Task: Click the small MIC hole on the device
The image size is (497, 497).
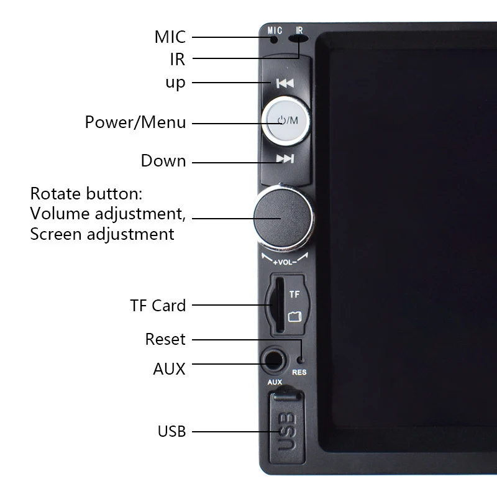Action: pos(274,40)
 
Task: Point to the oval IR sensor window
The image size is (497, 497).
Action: pos(299,39)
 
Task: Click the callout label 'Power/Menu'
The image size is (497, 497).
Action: pos(135,122)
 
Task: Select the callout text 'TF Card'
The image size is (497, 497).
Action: pos(158,306)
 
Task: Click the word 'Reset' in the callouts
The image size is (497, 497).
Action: pos(165,339)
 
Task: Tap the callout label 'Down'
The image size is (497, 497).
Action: pos(163,161)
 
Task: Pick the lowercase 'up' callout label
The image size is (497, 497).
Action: pos(175,83)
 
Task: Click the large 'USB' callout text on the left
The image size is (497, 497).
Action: pos(171,431)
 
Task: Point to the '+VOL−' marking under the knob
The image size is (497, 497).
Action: pos(285,262)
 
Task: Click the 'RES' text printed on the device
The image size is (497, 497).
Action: pos(299,373)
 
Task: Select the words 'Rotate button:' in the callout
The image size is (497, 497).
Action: pos(87,194)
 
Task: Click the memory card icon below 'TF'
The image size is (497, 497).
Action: pos(294,317)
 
